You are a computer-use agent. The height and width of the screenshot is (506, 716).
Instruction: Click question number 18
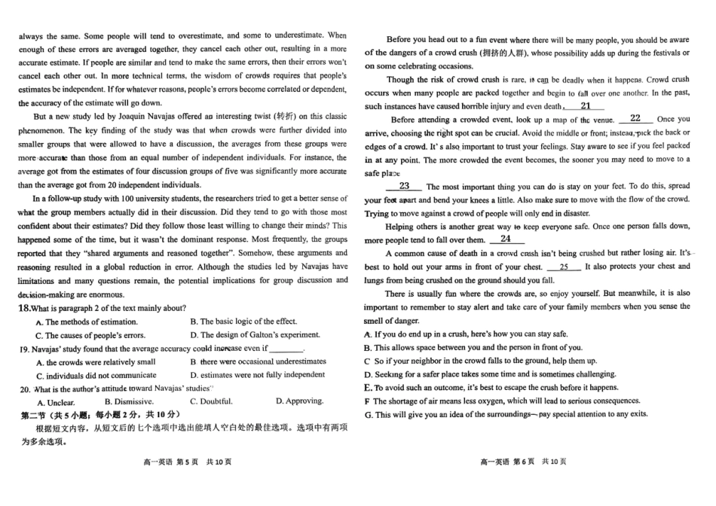[23, 308]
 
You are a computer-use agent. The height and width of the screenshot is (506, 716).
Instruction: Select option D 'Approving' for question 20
[299, 401]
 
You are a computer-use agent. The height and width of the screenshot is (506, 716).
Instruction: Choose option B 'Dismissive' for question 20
[128, 401]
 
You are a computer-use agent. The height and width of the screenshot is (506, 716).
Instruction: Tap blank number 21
[586, 106]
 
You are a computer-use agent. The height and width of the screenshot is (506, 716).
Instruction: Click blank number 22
[635, 118]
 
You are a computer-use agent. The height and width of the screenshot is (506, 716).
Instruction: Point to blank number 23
[404, 186]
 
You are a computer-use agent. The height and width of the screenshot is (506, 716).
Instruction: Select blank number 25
[564, 267]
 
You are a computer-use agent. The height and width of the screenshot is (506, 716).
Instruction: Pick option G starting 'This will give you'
[505, 414]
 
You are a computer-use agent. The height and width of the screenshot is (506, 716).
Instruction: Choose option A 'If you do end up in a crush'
[465, 334]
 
